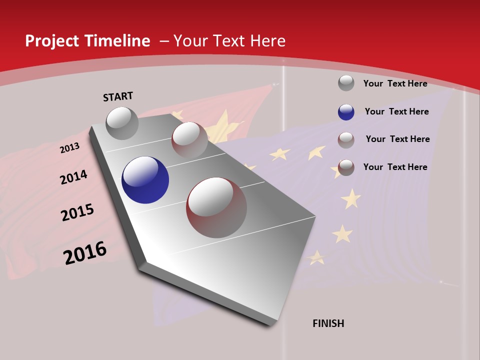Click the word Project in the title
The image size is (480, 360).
pos(52,41)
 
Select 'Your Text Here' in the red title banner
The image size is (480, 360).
pos(229,41)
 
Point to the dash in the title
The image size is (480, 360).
pos(163,41)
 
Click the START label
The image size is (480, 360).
pos(118,96)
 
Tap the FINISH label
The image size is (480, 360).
pos(328,323)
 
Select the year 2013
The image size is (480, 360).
pos(70,148)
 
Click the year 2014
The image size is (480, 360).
pos(73,177)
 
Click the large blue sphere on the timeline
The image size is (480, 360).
pos(145,180)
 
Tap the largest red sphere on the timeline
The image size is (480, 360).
pos(216,207)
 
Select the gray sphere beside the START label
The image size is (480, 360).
pos(122,123)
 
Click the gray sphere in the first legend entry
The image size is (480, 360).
pos(346,83)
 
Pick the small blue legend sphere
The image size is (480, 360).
pos(346,112)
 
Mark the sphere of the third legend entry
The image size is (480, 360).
pos(346,140)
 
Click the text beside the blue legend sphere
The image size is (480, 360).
pos(396,111)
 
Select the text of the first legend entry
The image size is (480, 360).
pos(395,83)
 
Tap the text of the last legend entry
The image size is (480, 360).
pos(395,167)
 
